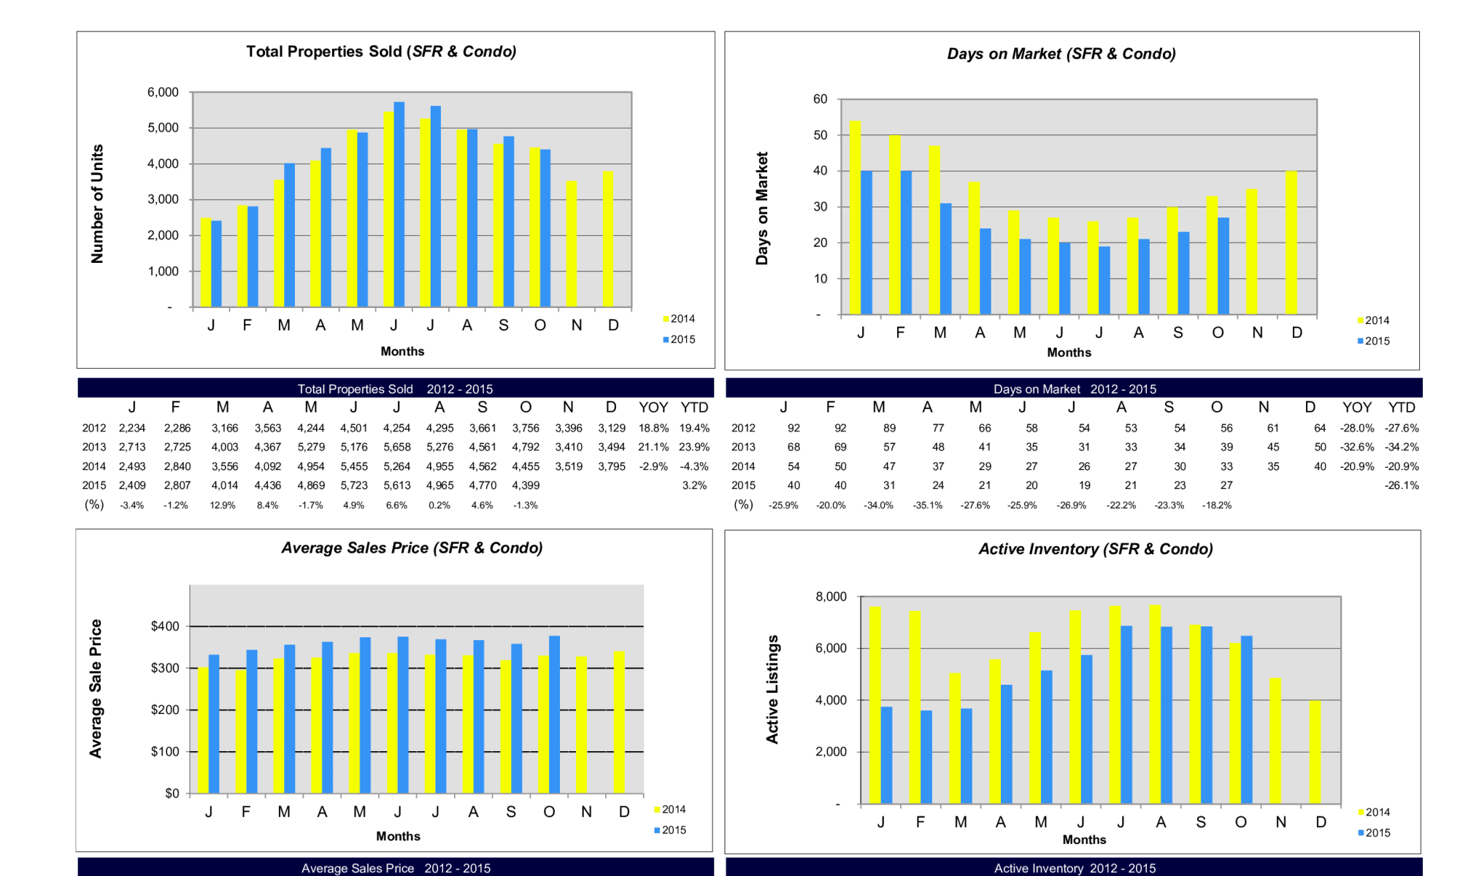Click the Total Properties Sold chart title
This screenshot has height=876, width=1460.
[x=381, y=52]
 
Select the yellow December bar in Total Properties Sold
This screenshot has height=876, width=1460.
[x=608, y=239]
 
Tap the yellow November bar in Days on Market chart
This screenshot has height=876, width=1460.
[x=1252, y=252]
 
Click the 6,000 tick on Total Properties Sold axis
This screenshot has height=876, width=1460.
[x=163, y=93]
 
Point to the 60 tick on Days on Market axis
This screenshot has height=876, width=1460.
[x=820, y=99]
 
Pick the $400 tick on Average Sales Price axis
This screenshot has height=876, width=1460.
[x=164, y=626]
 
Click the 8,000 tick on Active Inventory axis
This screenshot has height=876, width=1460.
[x=831, y=597]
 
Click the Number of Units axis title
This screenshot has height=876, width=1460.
[x=97, y=204]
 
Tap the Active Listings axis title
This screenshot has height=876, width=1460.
[x=772, y=689]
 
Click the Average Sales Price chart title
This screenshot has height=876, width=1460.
[x=412, y=548]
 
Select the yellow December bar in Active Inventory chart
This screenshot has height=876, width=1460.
[x=1315, y=752]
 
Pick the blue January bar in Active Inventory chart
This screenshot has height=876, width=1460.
[x=886, y=755]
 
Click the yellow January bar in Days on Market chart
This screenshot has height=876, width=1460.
[x=855, y=218]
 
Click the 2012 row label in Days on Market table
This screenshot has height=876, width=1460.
[x=743, y=429]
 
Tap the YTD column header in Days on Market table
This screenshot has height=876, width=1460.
[x=1401, y=407]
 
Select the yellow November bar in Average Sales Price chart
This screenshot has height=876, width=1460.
[x=582, y=725]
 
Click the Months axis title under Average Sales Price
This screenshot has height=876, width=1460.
[x=398, y=836]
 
